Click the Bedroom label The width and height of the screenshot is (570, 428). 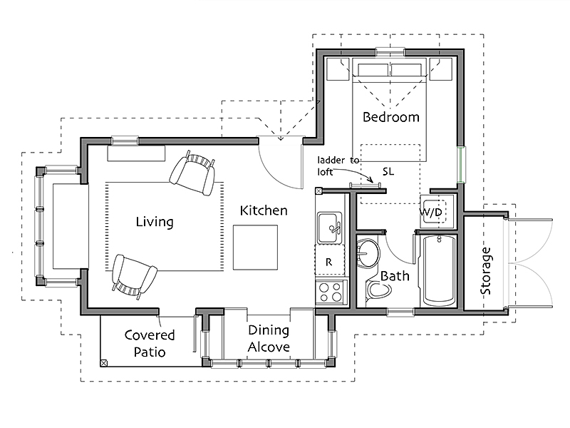(390, 117)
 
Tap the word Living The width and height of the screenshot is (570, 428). (155, 222)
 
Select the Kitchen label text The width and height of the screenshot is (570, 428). (264, 210)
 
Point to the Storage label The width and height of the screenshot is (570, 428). (486, 271)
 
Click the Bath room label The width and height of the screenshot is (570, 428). (395, 276)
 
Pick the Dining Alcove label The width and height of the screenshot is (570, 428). (269, 338)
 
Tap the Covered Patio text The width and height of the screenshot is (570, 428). (150, 343)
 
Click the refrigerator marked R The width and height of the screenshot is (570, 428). (330, 260)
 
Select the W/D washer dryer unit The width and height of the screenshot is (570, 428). (437, 211)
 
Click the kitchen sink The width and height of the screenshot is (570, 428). (329, 228)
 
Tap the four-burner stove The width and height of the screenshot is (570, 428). (331, 292)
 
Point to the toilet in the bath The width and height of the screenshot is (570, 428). (378, 290)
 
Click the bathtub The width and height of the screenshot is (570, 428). (440, 271)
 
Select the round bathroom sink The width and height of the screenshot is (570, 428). (368, 253)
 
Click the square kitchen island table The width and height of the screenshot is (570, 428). (255, 248)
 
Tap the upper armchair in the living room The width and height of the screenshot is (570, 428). (192, 173)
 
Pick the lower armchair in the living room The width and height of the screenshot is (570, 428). (134, 277)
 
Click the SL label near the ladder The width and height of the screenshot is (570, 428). (388, 171)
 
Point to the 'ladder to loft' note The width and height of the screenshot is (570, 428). (338, 165)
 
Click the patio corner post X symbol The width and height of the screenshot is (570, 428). (103, 363)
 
